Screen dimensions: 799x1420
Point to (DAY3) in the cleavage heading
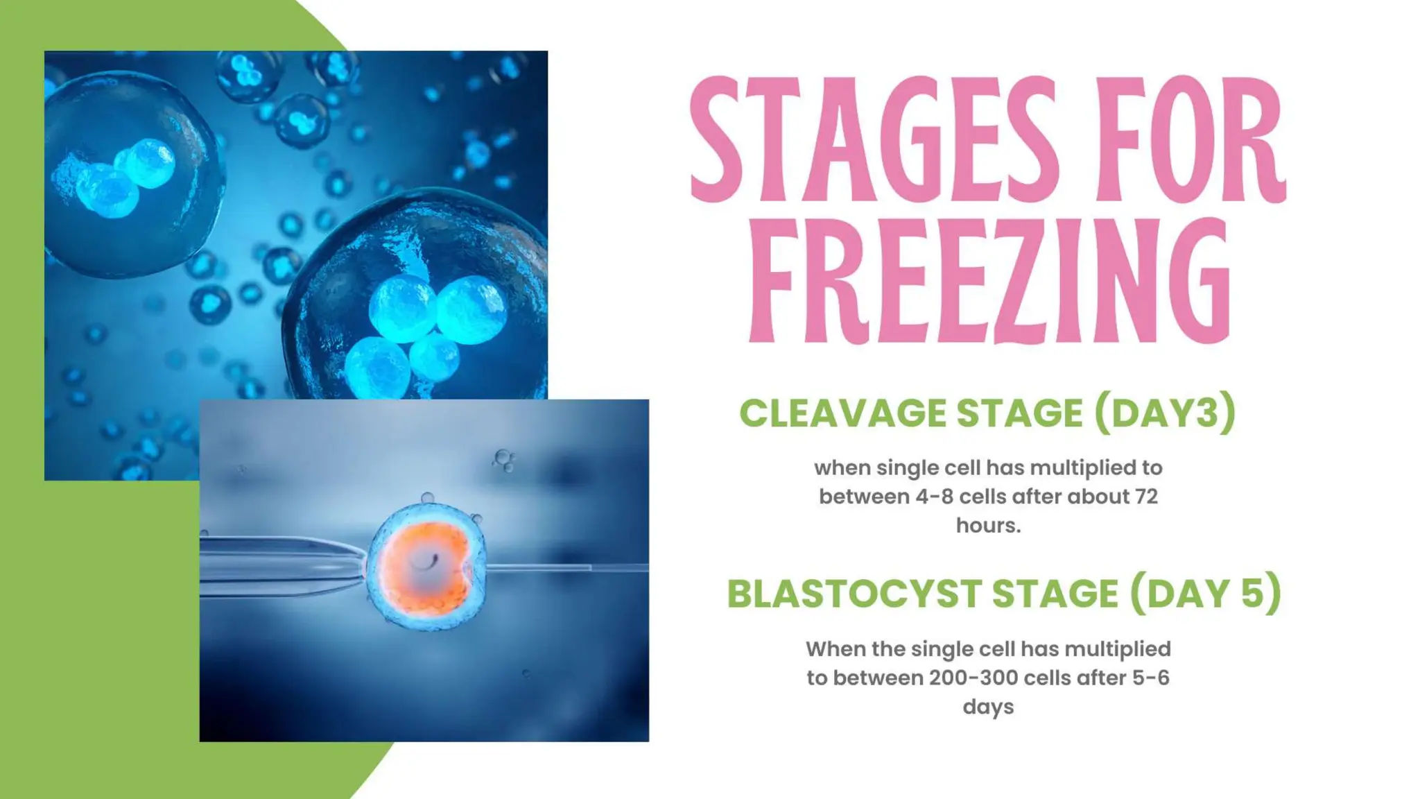1165,413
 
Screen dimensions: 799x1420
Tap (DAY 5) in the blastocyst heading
1205,594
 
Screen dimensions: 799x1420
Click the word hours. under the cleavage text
988,526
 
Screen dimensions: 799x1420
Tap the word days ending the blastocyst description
988,707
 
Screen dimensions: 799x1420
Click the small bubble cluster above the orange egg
503,459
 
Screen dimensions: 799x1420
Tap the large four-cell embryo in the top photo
423,319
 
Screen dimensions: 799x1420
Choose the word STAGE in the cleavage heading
1019,413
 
